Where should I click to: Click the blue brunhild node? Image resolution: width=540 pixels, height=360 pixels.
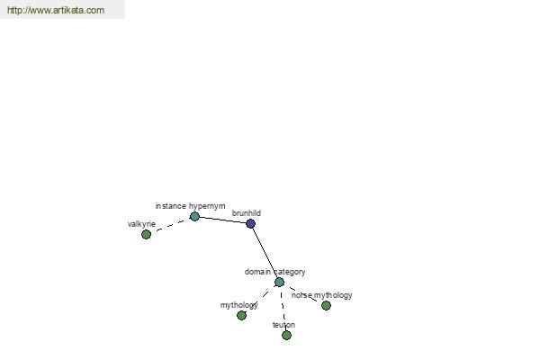tap(251, 223)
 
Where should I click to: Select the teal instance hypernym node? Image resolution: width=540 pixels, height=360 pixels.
tap(194, 216)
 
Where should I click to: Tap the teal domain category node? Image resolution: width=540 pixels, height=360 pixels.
tap(279, 282)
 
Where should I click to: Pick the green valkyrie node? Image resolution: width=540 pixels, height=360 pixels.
tap(146, 234)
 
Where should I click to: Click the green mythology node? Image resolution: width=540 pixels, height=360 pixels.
tap(241, 315)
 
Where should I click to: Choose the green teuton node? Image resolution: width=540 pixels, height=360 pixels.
tap(286, 335)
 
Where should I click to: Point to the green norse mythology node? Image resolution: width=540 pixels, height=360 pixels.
tap(326, 305)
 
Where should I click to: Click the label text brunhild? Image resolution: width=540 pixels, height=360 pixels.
tap(247, 213)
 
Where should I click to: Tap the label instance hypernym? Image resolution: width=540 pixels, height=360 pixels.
tap(190, 206)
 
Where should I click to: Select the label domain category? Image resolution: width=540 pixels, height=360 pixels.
tap(274, 272)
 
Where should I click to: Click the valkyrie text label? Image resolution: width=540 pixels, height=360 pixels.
tap(141, 224)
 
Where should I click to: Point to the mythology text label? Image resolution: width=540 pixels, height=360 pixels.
tap(239, 305)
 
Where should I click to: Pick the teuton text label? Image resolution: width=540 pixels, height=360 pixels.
tap(283, 325)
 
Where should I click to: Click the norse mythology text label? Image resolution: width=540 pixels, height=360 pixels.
tap(321, 295)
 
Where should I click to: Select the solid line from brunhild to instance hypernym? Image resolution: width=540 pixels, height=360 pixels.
tap(222, 220)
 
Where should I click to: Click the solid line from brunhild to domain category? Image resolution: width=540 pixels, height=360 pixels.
tap(265, 253)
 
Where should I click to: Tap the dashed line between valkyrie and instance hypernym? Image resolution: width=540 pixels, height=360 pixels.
tap(170, 225)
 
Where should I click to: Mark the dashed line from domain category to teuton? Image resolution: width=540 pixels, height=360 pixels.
tap(283, 309)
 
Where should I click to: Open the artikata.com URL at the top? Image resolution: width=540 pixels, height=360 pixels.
tap(56, 10)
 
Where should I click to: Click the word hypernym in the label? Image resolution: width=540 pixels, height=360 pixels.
tap(207, 206)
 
